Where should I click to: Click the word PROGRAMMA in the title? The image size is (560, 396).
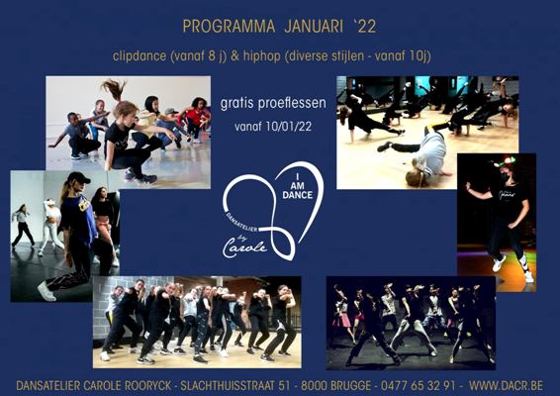(229, 27)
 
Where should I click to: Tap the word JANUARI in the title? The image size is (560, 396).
(314, 27)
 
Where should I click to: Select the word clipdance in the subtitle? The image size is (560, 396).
(140, 56)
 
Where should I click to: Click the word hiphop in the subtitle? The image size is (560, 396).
(262, 56)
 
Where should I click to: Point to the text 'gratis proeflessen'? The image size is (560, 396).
(273, 103)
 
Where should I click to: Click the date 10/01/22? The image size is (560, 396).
(289, 127)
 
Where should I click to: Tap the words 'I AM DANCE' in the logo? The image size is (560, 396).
(297, 186)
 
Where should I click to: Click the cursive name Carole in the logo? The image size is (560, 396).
(244, 247)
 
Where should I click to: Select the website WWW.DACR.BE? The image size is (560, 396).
(506, 386)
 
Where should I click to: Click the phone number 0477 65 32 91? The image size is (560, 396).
(419, 386)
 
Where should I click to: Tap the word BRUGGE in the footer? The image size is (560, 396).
(350, 386)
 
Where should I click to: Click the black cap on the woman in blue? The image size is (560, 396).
(78, 177)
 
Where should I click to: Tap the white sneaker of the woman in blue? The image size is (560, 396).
(47, 291)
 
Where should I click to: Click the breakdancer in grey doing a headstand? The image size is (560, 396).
(425, 153)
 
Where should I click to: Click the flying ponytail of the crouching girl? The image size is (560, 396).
(115, 89)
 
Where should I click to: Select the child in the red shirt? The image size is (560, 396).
(195, 118)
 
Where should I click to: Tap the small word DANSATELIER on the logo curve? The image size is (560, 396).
(241, 223)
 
